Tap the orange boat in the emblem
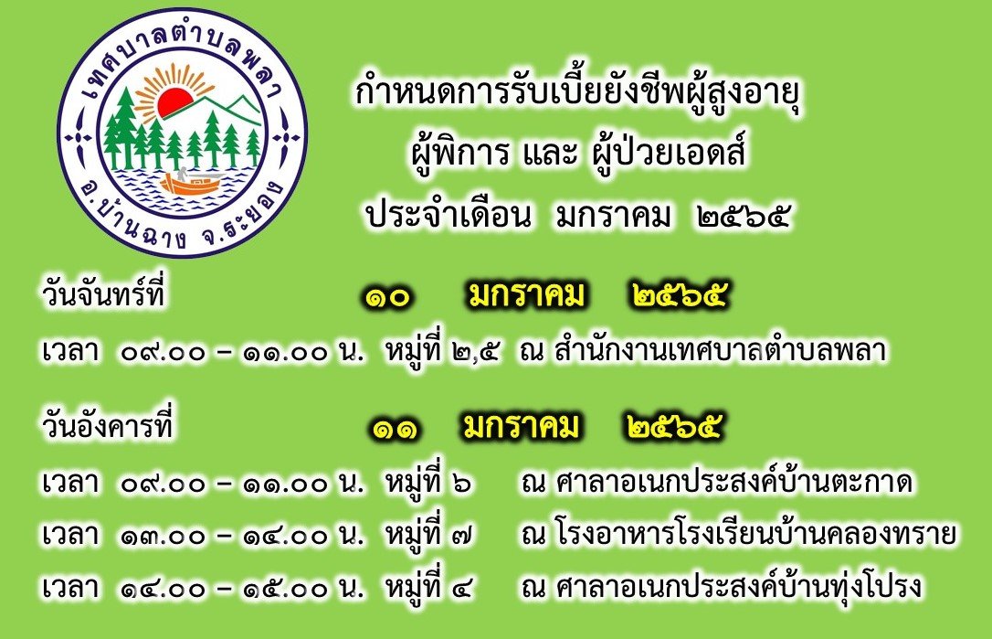tap(189, 184)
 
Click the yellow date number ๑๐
tap(387, 297)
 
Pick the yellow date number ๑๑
tap(394, 430)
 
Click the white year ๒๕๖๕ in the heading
tap(743, 218)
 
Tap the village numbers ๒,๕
tap(477, 352)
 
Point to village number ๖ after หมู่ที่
tap(462, 484)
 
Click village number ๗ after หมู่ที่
tap(462, 536)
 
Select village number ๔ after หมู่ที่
tap(462, 589)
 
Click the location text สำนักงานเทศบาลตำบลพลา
tap(720, 350)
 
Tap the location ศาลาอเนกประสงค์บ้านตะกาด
tap(733, 482)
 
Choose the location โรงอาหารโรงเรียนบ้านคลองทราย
tap(755, 534)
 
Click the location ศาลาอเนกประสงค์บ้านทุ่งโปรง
tap(738, 588)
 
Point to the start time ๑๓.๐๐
tap(164, 537)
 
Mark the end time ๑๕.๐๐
tap(285, 590)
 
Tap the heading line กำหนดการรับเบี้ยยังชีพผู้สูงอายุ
tap(577, 96)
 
